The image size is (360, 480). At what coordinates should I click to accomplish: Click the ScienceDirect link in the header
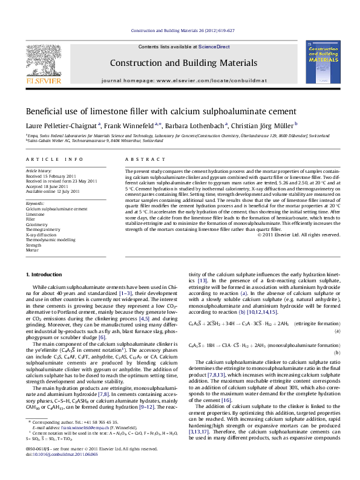click(201, 47)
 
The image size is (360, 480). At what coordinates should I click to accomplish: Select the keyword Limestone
click(36, 214)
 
